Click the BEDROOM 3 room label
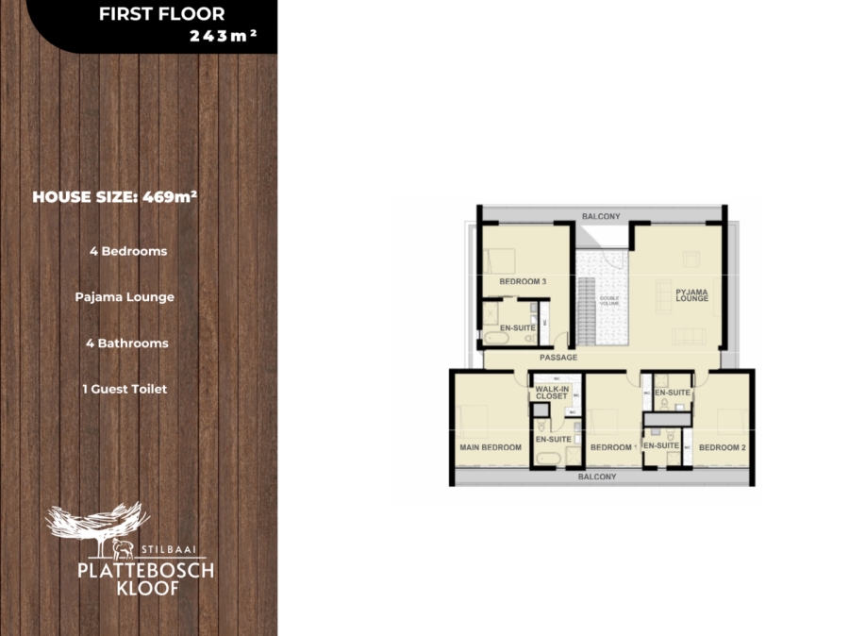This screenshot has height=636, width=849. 523,281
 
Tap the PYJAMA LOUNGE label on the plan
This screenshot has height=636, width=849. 691,295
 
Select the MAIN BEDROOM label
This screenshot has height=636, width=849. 491,447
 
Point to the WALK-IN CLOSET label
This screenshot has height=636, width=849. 552,393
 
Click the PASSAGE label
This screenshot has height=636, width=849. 558,358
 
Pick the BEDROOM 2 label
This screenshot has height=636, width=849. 722,447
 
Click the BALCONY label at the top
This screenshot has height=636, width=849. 601,216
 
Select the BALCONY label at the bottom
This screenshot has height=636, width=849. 597,477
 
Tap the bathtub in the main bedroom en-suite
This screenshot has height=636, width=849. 549,460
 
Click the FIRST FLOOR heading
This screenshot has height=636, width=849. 161,14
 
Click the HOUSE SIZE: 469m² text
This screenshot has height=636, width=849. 114,197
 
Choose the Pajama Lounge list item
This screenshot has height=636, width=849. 125,297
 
